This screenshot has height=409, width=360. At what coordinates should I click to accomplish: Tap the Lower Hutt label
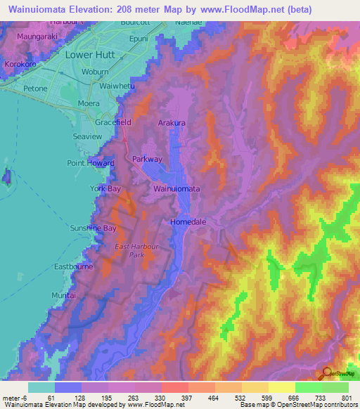tap(89, 53)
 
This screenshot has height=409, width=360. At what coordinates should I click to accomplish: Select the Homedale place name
tap(188, 222)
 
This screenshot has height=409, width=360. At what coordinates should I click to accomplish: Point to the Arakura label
tap(172, 122)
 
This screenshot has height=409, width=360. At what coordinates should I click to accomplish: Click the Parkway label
tap(148, 159)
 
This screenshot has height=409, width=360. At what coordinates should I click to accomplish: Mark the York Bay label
tap(105, 189)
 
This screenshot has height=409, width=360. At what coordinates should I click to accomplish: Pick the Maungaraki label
tap(32, 34)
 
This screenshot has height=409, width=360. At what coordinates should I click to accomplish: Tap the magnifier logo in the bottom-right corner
tap(326, 374)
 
